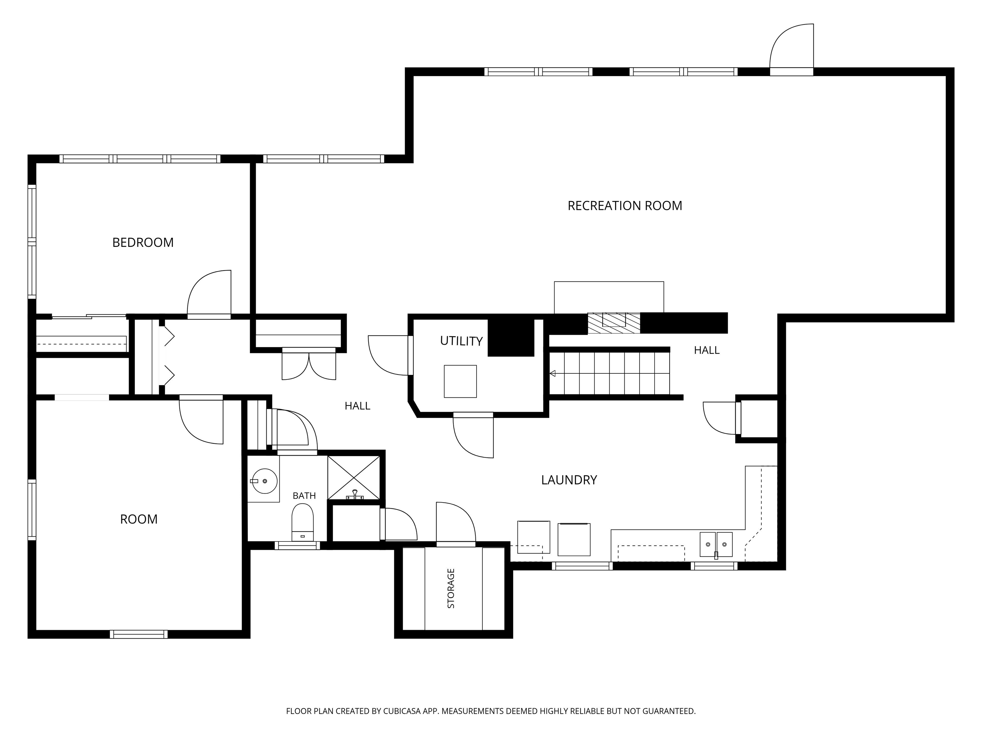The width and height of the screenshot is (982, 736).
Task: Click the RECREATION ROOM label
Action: tap(625, 206)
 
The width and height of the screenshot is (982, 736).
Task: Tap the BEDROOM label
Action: tap(143, 243)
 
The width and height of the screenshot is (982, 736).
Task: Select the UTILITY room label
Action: tap(461, 341)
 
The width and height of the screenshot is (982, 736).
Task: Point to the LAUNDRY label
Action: tap(569, 480)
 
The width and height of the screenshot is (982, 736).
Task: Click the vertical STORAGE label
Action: tap(451, 588)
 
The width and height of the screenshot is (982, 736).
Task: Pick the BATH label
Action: tap(304, 495)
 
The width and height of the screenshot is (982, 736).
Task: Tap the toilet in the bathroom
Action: tap(302, 522)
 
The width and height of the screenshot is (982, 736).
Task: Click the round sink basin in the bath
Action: tap(264, 481)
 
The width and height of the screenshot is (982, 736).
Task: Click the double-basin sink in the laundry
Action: tap(716, 544)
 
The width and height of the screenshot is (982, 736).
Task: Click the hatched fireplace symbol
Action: tap(614, 323)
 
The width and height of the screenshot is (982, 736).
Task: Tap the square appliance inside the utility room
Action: tap(460, 381)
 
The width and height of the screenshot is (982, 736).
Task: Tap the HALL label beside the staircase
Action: tap(707, 350)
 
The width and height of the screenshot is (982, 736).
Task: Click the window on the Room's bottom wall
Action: tap(138, 634)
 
